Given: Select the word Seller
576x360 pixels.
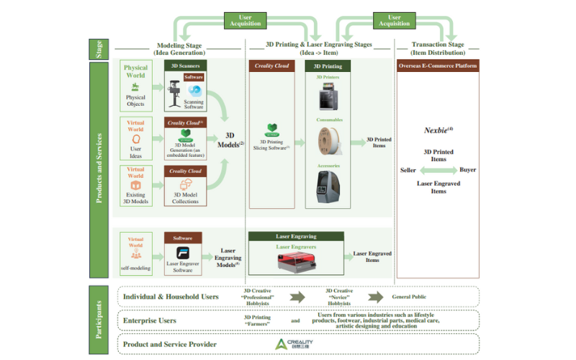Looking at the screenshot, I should pos(408,170).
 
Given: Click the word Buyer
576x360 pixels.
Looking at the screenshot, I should pos(467,170).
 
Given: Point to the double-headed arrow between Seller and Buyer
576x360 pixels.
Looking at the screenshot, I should pos(438,171).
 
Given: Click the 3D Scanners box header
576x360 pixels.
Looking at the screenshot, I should pos(185,66).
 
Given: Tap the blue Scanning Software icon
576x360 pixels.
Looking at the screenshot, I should pos(194,91).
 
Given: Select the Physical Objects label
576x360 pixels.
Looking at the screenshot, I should pos(135,101).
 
